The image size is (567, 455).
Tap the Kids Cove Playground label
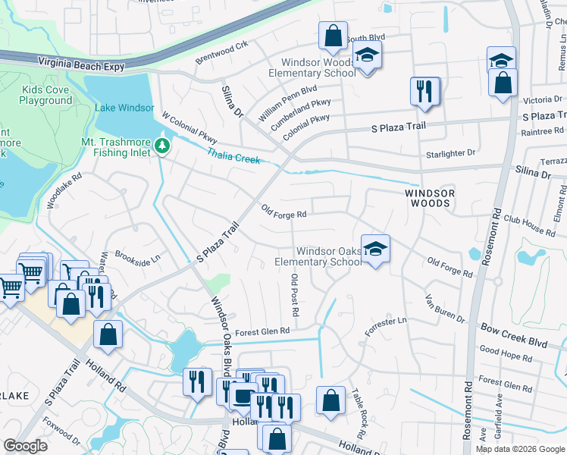(x=45, y=96)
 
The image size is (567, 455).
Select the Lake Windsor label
(x=124, y=108)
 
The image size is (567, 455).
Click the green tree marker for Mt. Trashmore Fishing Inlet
(x=161, y=145)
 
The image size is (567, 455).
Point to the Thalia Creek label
(x=233, y=155)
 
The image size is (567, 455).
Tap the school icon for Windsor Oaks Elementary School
(x=374, y=249)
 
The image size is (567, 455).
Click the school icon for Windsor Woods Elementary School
(x=367, y=55)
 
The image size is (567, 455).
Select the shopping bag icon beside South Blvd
(x=333, y=35)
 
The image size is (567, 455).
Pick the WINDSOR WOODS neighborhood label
(x=430, y=199)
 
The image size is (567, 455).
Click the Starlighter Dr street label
(x=450, y=152)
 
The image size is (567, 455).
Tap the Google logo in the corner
(x=25, y=446)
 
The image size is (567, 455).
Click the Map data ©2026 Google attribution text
(x=519, y=449)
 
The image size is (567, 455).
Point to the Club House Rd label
(x=530, y=222)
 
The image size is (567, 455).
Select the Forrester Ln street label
(x=385, y=322)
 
